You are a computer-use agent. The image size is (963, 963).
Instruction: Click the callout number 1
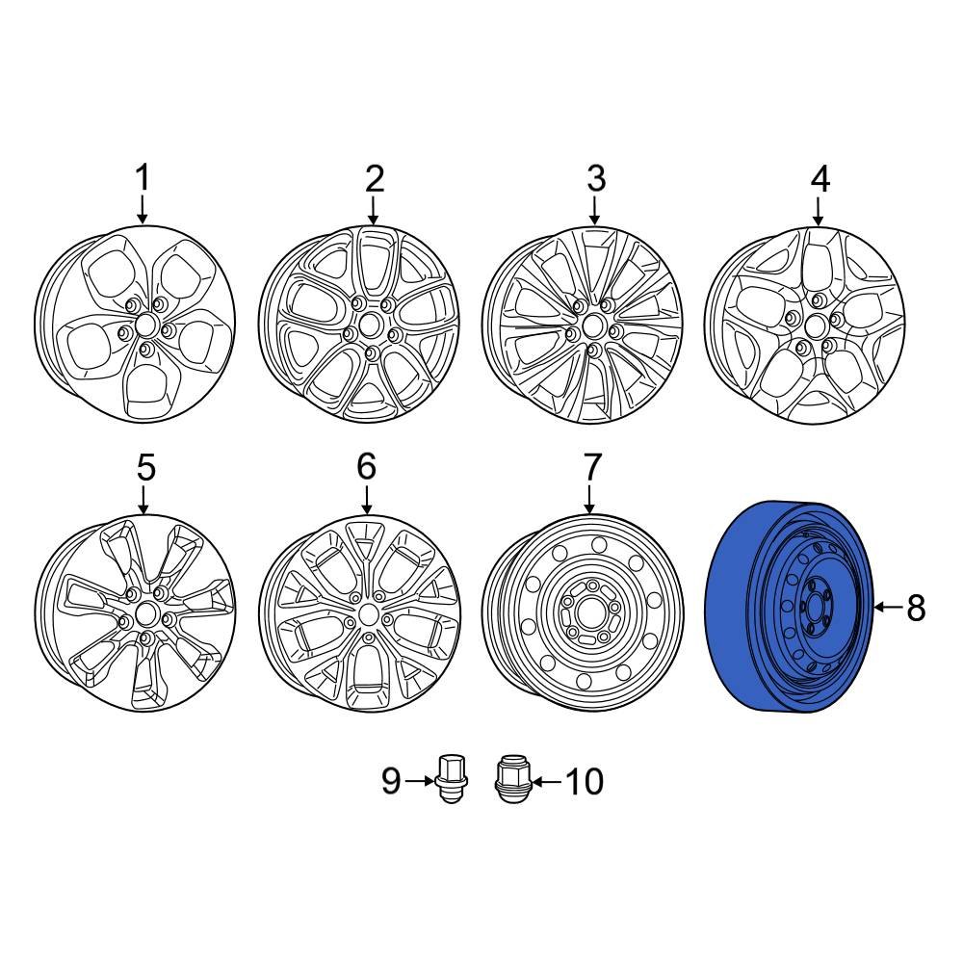(x=143, y=178)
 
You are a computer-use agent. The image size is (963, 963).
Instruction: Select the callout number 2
(x=374, y=178)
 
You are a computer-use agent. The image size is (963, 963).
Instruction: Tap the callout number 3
(x=595, y=178)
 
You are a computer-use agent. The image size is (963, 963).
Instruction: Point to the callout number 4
(x=819, y=178)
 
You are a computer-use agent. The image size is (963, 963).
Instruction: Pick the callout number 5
(x=144, y=468)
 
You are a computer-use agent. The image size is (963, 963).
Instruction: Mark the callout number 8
(x=915, y=608)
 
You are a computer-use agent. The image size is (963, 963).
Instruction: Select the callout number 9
(x=391, y=781)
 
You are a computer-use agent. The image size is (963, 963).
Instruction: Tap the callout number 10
(x=583, y=781)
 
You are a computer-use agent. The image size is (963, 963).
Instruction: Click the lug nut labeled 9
(x=449, y=779)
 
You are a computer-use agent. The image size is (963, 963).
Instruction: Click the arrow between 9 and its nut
(x=420, y=781)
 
